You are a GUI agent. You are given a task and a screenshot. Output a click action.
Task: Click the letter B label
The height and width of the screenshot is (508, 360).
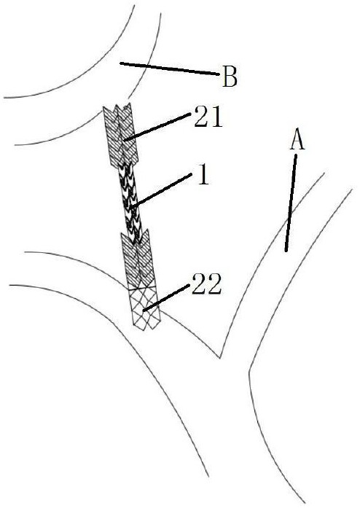pyautogui.click(x=230, y=76)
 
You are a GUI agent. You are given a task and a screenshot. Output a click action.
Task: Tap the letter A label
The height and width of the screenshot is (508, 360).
pyautogui.click(x=297, y=140)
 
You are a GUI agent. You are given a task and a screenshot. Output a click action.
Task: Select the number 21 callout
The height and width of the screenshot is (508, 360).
pyautogui.click(x=208, y=117)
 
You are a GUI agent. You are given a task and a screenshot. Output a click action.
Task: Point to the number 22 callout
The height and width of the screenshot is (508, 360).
pyautogui.click(x=206, y=284)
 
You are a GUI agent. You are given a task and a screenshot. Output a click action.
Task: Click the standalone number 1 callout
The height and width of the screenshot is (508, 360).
pyautogui.click(x=203, y=175)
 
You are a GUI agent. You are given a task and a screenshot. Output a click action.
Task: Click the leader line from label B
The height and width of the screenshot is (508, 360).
pyautogui.click(x=170, y=69)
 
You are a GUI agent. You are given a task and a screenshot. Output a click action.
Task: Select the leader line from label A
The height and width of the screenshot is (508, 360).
pyautogui.click(x=291, y=203)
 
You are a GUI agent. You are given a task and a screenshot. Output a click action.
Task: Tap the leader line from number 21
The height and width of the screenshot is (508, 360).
pyautogui.click(x=157, y=127)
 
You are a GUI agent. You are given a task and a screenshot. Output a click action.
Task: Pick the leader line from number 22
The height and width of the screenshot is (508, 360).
pyautogui.click(x=166, y=298)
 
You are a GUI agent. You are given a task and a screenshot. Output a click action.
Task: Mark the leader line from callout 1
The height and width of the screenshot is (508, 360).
pyautogui.click(x=160, y=190)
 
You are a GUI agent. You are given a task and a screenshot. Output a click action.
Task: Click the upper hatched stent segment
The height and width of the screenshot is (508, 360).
pyautogui.click(x=121, y=134)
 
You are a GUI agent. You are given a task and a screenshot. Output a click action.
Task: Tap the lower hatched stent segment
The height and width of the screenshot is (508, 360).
pyautogui.click(x=138, y=259)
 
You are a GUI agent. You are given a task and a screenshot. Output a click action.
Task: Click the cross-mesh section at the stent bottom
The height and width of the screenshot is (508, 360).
pyautogui.click(x=146, y=308)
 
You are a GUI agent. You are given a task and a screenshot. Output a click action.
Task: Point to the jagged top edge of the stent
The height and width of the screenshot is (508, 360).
pyautogui.click(x=117, y=107)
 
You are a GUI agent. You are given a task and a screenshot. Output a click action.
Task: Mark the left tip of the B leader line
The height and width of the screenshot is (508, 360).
pyautogui.click(x=120, y=63)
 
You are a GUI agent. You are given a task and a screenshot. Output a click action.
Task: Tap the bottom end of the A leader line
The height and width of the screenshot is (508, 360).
pyautogui.click(x=286, y=251)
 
